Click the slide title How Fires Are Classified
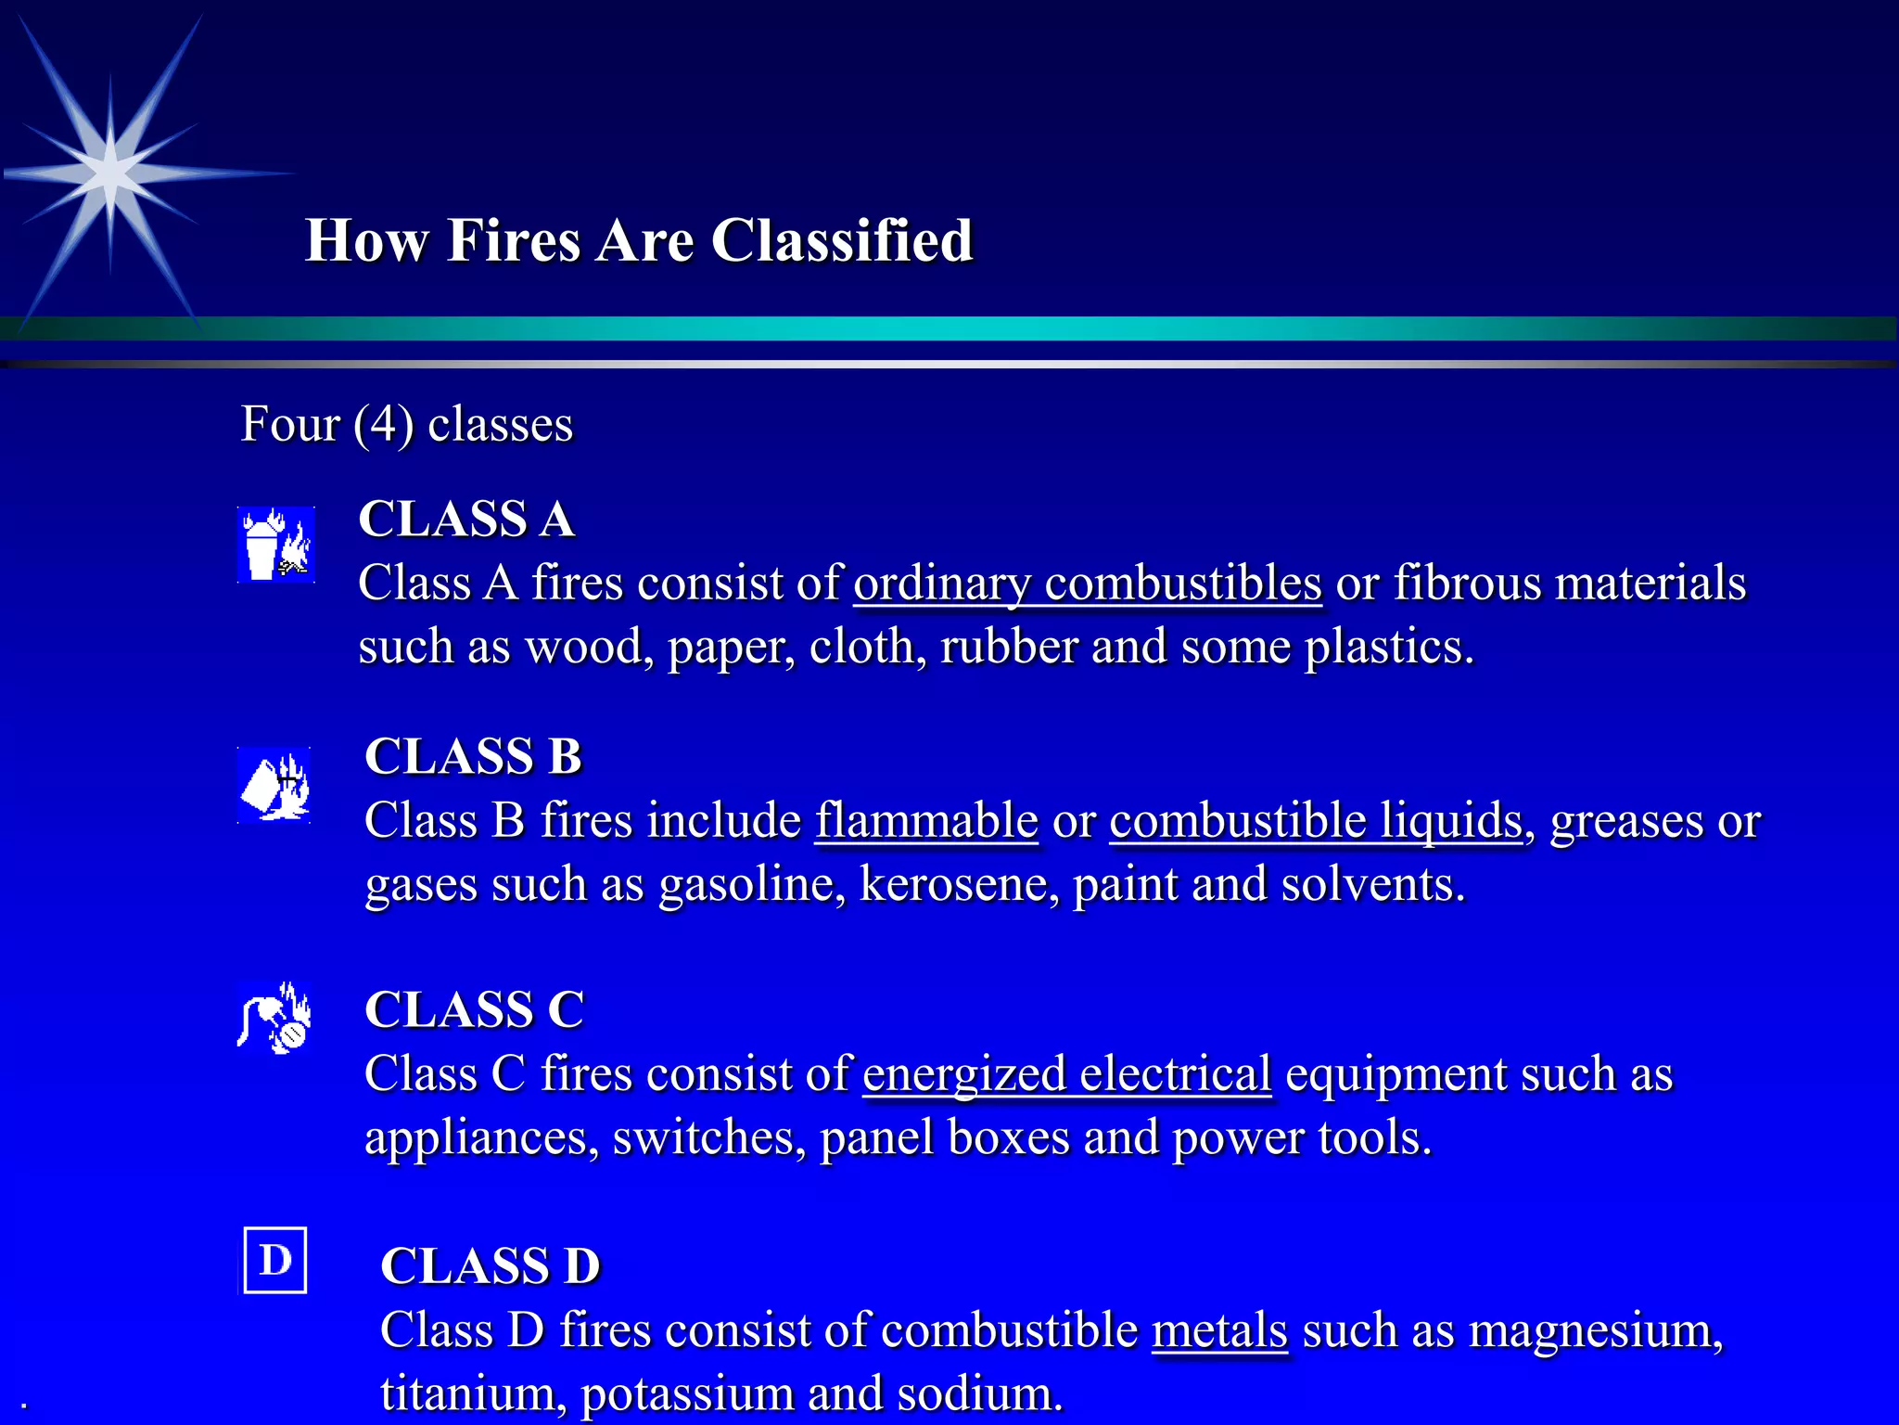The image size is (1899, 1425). click(639, 240)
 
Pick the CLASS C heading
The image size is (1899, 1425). click(474, 1009)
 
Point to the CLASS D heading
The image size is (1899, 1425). click(491, 1265)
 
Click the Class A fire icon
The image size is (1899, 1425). click(276, 545)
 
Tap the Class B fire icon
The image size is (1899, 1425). click(274, 785)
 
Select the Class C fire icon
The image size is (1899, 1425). click(274, 1019)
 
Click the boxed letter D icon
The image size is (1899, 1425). click(275, 1260)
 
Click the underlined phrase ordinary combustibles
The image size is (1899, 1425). click(1087, 584)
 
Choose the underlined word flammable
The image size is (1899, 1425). click(926, 821)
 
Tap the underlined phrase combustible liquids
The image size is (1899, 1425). click(1316, 821)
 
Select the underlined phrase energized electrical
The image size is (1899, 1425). click(1066, 1074)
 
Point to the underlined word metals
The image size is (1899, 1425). click(1219, 1330)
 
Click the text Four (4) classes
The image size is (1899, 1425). click(407, 425)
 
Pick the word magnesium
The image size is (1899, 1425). click(1594, 1330)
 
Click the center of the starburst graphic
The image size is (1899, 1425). click(110, 173)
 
